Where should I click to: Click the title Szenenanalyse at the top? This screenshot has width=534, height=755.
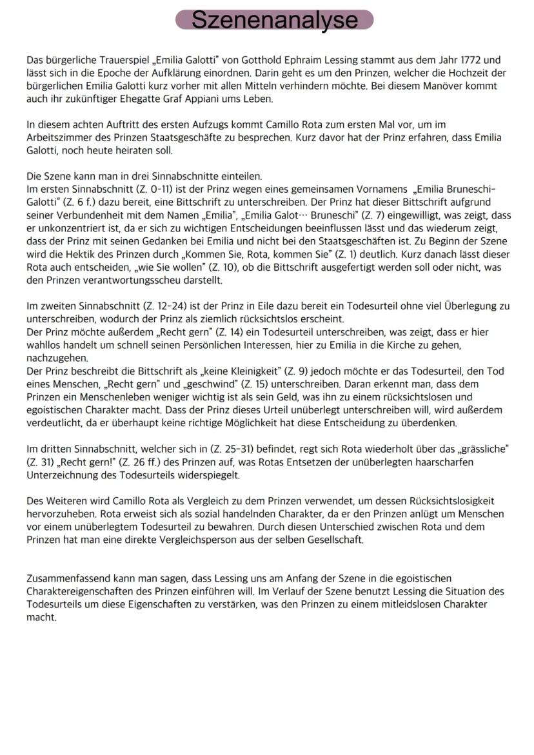[x=275, y=19]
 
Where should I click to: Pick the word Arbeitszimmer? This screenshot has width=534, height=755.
[x=57, y=137]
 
